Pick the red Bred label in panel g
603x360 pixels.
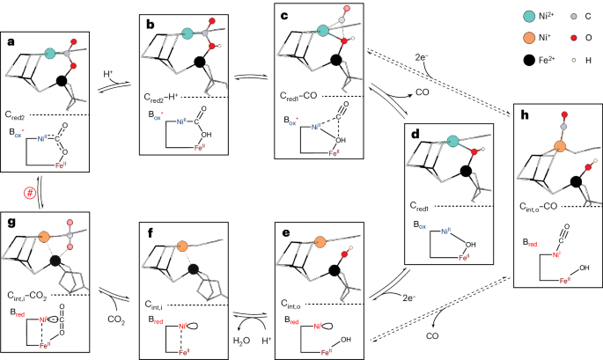(18, 312)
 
